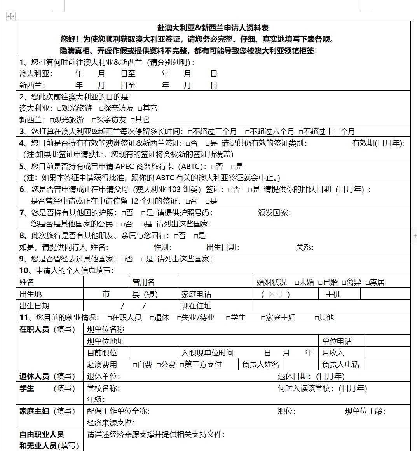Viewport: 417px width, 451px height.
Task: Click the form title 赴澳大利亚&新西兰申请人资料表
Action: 213,28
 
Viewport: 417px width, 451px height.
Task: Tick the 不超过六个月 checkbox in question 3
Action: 247,132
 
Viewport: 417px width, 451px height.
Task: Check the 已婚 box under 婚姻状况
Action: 321,282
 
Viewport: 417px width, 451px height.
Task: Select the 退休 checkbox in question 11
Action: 152,318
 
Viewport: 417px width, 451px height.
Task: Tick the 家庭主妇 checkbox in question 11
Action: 263,318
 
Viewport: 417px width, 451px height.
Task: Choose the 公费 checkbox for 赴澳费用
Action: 159,365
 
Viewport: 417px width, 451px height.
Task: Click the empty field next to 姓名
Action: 105,282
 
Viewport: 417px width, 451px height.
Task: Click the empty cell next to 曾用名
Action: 215,282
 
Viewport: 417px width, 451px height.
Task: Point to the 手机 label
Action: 333,294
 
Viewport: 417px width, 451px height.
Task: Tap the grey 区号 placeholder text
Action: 276,294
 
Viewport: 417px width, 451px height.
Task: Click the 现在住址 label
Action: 196,306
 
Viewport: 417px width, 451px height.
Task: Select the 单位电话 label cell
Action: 337,341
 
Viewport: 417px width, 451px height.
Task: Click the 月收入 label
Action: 333,353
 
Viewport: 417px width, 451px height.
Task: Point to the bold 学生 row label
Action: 27,388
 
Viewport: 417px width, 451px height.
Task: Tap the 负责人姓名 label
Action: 260,364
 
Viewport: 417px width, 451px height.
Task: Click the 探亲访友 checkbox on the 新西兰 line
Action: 94,120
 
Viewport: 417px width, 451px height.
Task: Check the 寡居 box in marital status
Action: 368,282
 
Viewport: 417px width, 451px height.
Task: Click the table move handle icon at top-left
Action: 10,16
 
